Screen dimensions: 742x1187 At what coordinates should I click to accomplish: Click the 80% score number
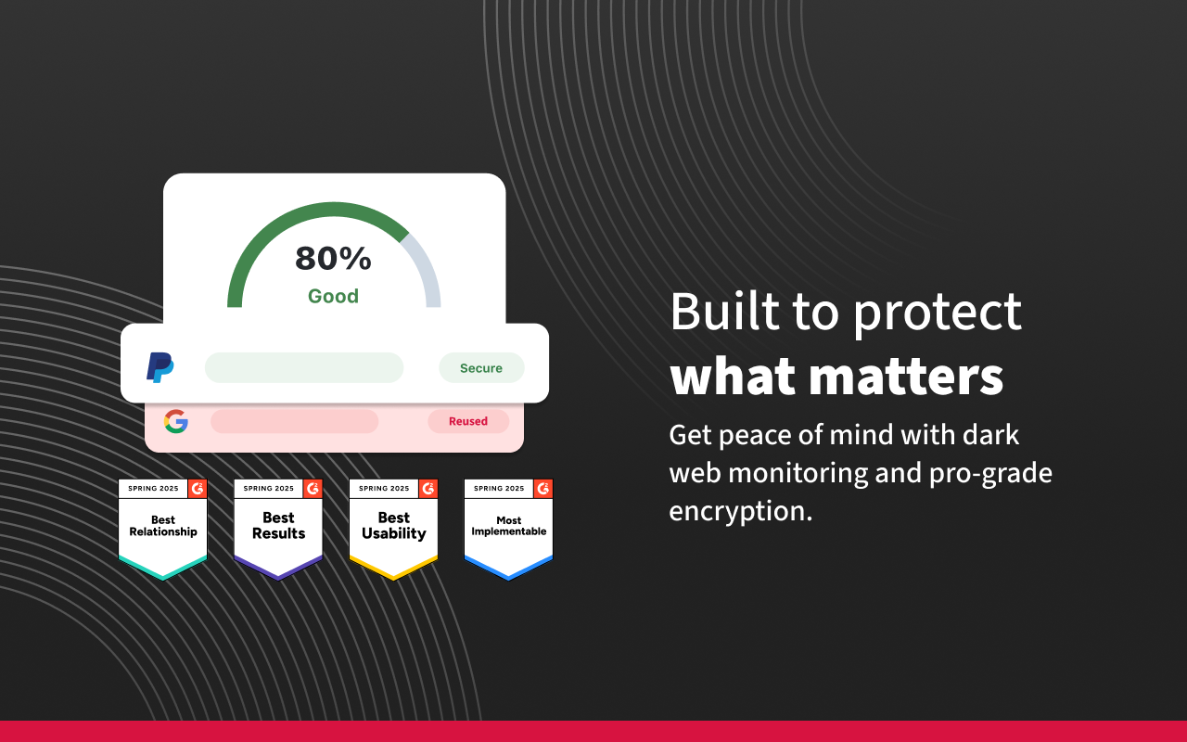(333, 259)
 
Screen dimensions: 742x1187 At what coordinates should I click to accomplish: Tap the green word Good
(333, 297)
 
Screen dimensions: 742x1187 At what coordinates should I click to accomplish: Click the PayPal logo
(160, 367)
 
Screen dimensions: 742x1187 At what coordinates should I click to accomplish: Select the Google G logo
(176, 422)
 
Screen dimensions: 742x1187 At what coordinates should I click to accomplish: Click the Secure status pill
(481, 368)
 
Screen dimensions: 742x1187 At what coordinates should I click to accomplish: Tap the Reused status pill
(468, 421)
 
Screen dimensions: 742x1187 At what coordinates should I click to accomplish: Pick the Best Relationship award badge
(162, 529)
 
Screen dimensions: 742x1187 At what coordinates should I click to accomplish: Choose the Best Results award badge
(278, 529)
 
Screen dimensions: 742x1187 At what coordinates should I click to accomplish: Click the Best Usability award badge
(393, 529)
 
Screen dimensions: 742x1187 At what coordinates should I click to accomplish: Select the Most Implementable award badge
(508, 529)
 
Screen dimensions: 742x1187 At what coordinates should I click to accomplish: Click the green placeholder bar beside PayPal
(303, 368)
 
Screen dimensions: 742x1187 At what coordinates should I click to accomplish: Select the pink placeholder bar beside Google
(294, 422)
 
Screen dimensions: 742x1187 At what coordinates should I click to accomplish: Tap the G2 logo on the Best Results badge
(313, 489)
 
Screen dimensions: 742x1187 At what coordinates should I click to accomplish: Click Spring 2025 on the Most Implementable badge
(500, 489)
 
